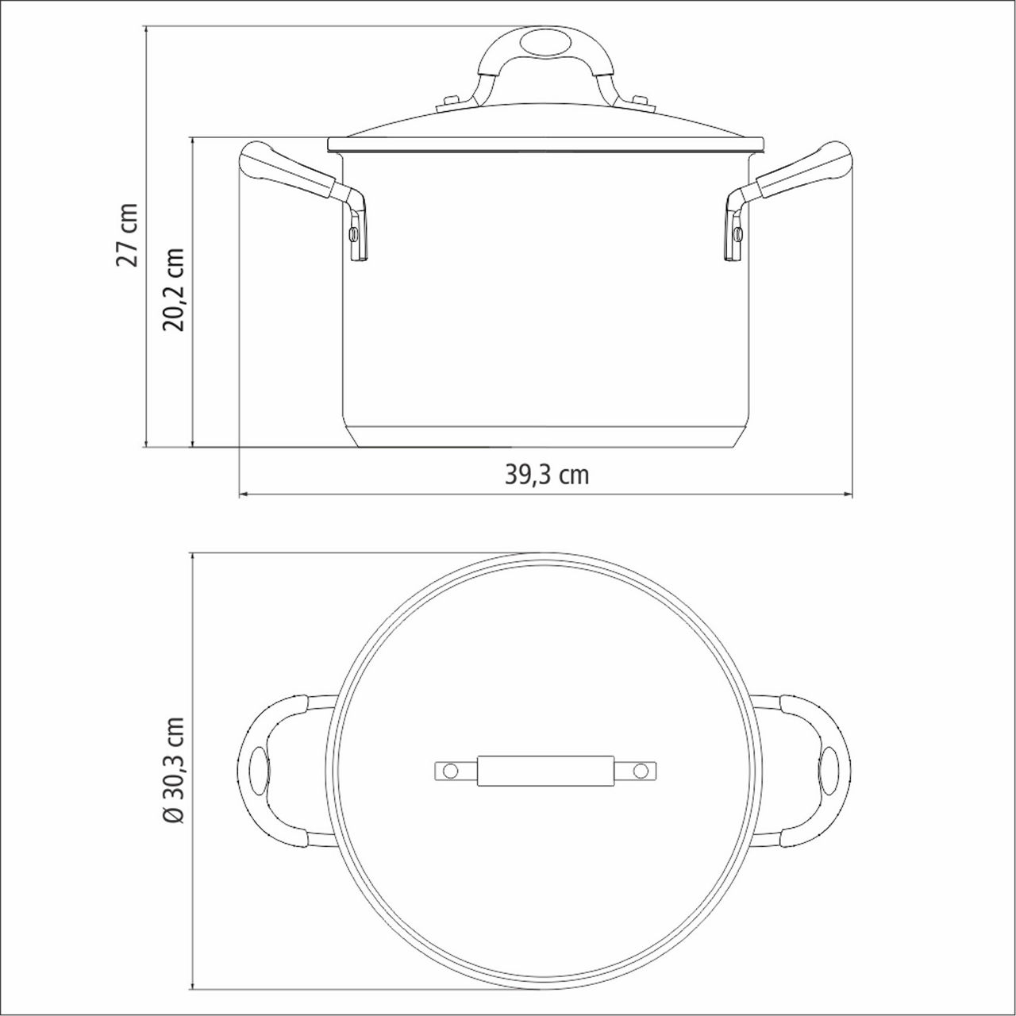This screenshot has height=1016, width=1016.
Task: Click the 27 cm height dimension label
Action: click(x=128, y=234)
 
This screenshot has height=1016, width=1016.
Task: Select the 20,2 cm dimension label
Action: click(x=174, y=289)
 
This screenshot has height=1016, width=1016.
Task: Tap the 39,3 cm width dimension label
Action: click(x=547, y=475)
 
